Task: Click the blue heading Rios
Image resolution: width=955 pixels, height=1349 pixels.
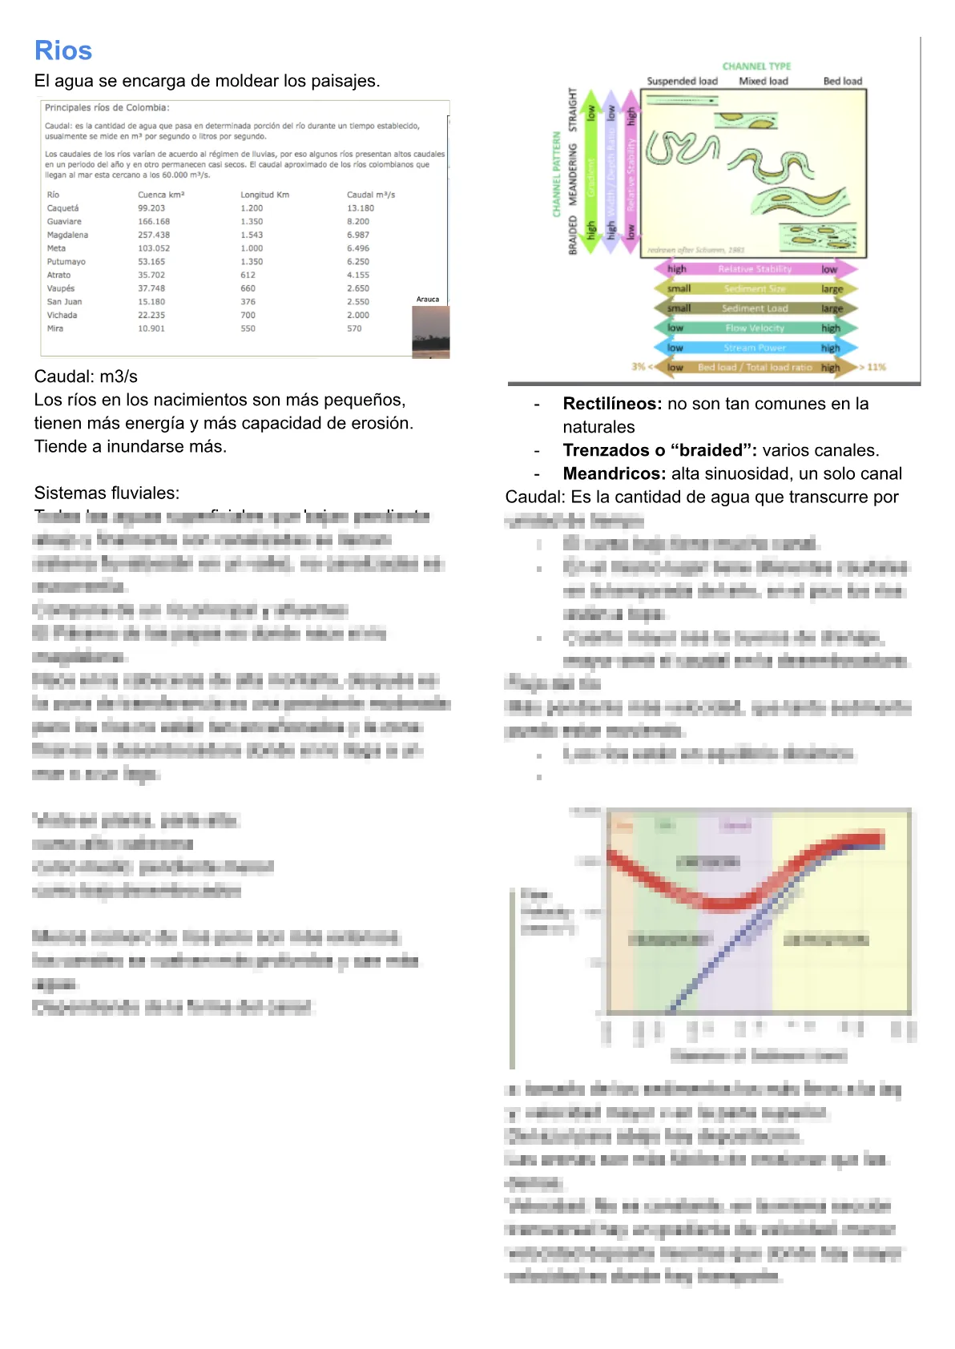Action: [63, 50]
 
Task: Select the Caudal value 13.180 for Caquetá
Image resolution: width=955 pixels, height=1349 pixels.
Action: [361, 208]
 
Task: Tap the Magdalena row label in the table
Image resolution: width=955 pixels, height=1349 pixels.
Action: [67, 235]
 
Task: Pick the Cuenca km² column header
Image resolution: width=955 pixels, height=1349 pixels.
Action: [161, 195]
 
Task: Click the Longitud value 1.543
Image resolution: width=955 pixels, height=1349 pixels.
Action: [252, 235]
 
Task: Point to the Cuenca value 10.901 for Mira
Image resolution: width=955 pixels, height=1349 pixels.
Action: [151, 328]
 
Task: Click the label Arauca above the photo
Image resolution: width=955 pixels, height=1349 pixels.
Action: [428, 300]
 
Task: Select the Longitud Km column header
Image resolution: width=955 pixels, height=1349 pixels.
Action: [264, 195]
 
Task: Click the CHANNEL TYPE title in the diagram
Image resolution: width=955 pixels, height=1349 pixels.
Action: [756, 66]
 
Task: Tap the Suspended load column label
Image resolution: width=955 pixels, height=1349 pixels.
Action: [682, 81]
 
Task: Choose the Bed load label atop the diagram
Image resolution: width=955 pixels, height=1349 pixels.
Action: [843, 81]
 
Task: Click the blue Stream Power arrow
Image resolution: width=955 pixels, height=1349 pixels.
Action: [755, 348]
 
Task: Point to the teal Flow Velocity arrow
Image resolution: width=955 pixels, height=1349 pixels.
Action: [755, 328]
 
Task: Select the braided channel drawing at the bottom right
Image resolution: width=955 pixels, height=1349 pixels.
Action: [817, 237]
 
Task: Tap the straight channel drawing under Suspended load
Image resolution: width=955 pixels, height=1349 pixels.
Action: [682, 100]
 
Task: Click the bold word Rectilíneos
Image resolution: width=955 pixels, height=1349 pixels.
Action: [612, 404]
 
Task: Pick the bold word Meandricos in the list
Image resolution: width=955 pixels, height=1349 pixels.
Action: [615, 473]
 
